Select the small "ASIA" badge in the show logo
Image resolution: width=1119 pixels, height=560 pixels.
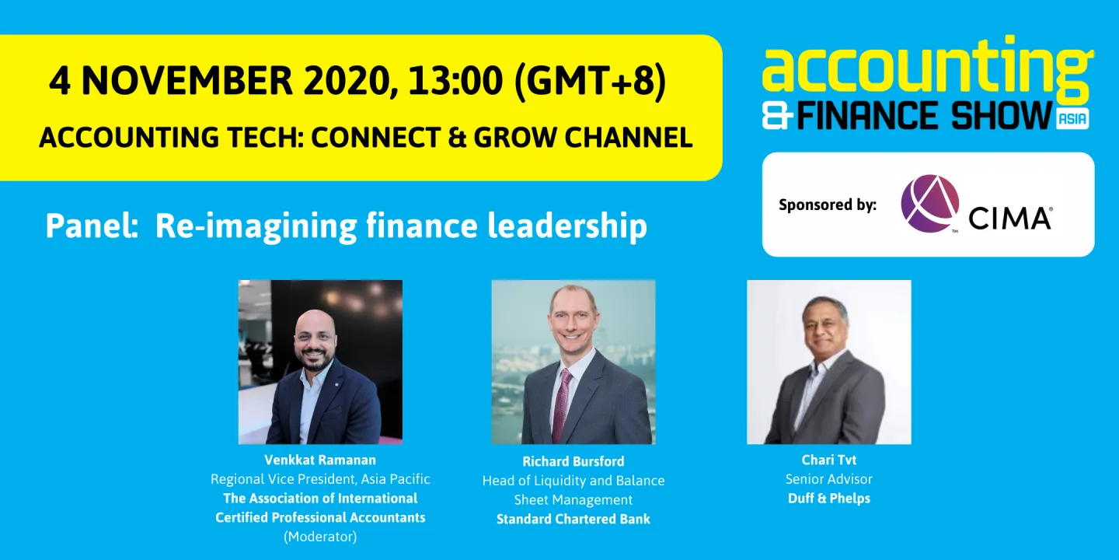(x=1072, y=119)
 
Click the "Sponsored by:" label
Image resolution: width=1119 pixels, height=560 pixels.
(x=828, y=205)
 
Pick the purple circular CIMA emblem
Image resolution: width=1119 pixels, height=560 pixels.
(x=929, y=204)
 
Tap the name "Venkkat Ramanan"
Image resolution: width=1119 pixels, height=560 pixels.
(x=320, y=460)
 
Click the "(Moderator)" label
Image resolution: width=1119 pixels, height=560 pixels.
(x=320, y=537)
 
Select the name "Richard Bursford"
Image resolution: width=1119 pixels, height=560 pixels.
(x=573, y=461)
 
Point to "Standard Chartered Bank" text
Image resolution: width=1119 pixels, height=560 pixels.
(x=573, y=519)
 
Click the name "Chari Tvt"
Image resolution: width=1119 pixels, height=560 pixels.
(x=828, y=460)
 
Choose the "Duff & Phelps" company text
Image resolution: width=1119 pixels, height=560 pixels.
(x=828, y=499)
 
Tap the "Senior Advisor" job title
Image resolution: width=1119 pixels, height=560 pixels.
(x=828, y=479)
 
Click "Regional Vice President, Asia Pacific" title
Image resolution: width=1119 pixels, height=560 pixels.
(x=320, y=479)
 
